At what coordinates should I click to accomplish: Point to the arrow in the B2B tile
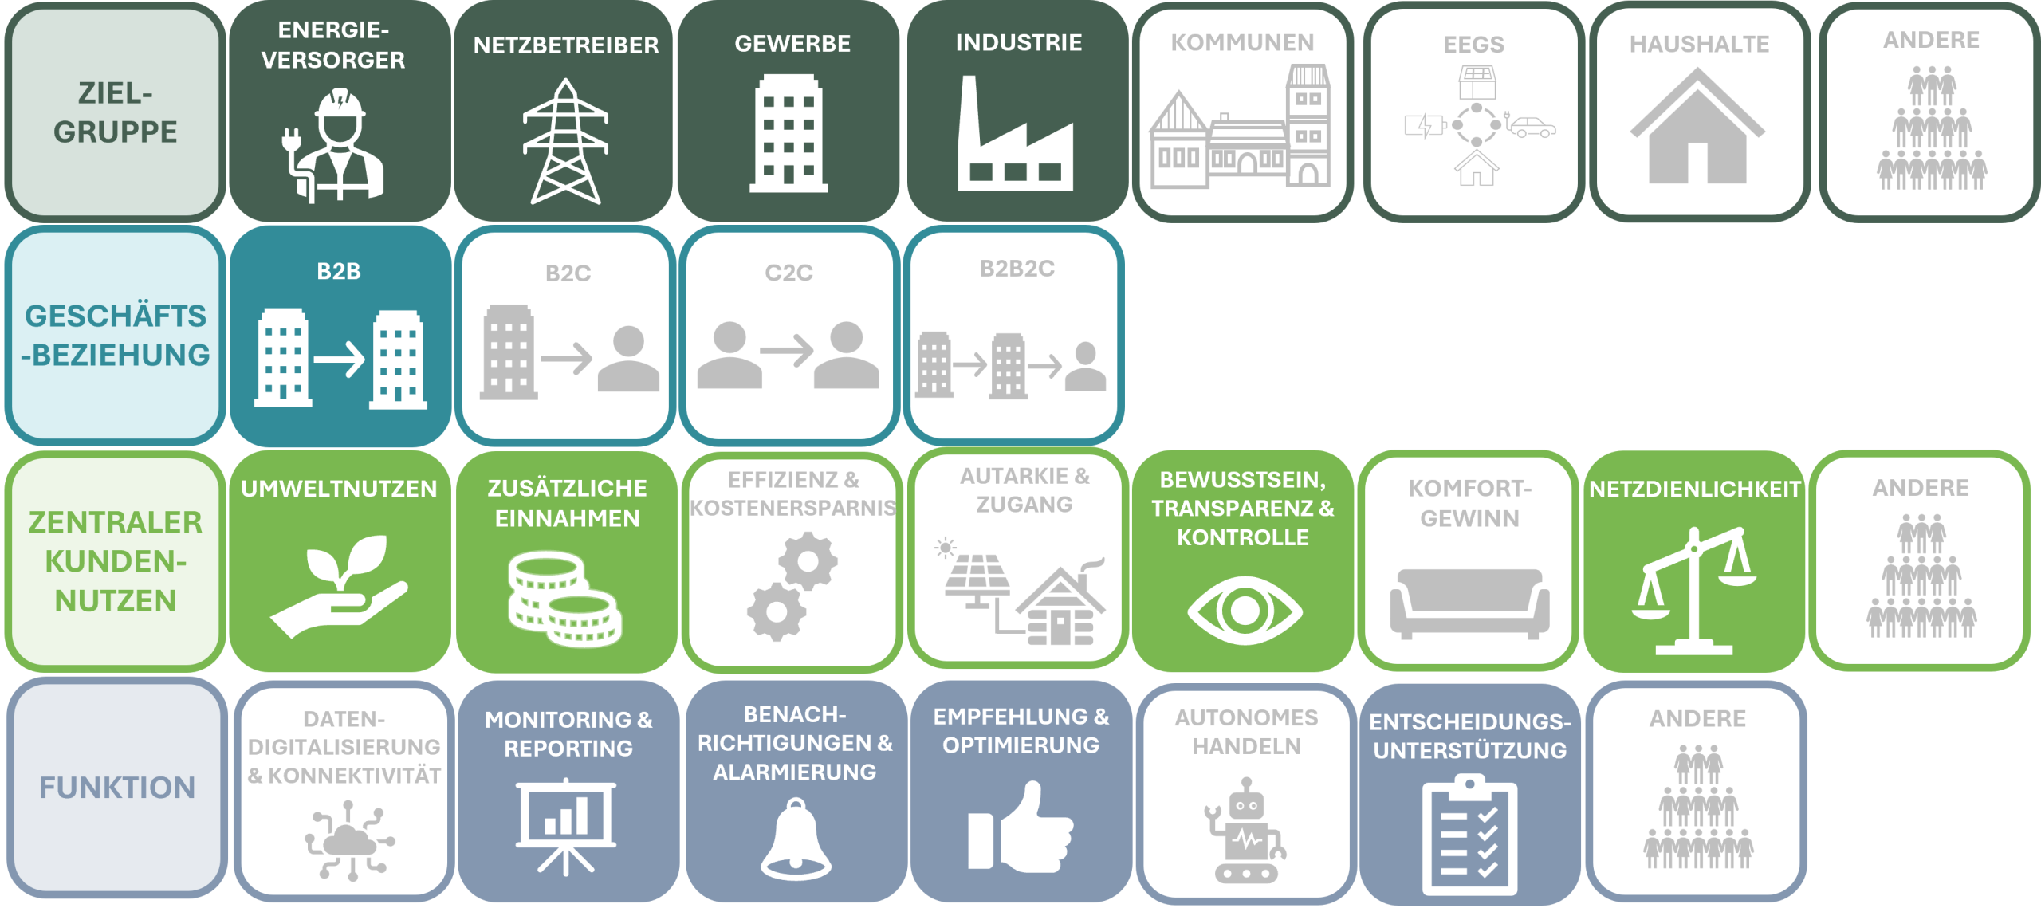pyautogui.click(x=340, y=360)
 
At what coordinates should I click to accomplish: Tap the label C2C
pyautogui.click(x=788, y=273)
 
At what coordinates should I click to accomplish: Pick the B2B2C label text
pyautogui.click(x=1017, y=269)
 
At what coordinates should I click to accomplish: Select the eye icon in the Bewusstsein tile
pyautogui.click(x=1244, y=611)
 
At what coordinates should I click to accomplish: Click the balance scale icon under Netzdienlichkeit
pyautogui.click(x=1693, y=591)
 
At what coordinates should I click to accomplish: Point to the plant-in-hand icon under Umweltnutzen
pyautogui.click(x=340, y=586)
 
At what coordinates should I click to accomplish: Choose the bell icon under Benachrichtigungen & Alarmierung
pyautogui.click(x=795, y=840)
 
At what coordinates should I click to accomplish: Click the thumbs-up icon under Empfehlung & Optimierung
pyautogui.click(x=1020, y=828)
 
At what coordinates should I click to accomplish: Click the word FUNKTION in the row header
pyautogui.click(x=117, y=788)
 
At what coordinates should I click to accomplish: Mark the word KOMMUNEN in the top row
pyautogui.click(x=1242, y=42)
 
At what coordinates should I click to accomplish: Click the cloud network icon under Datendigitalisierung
pyautogui.click(x=348, y=842)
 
